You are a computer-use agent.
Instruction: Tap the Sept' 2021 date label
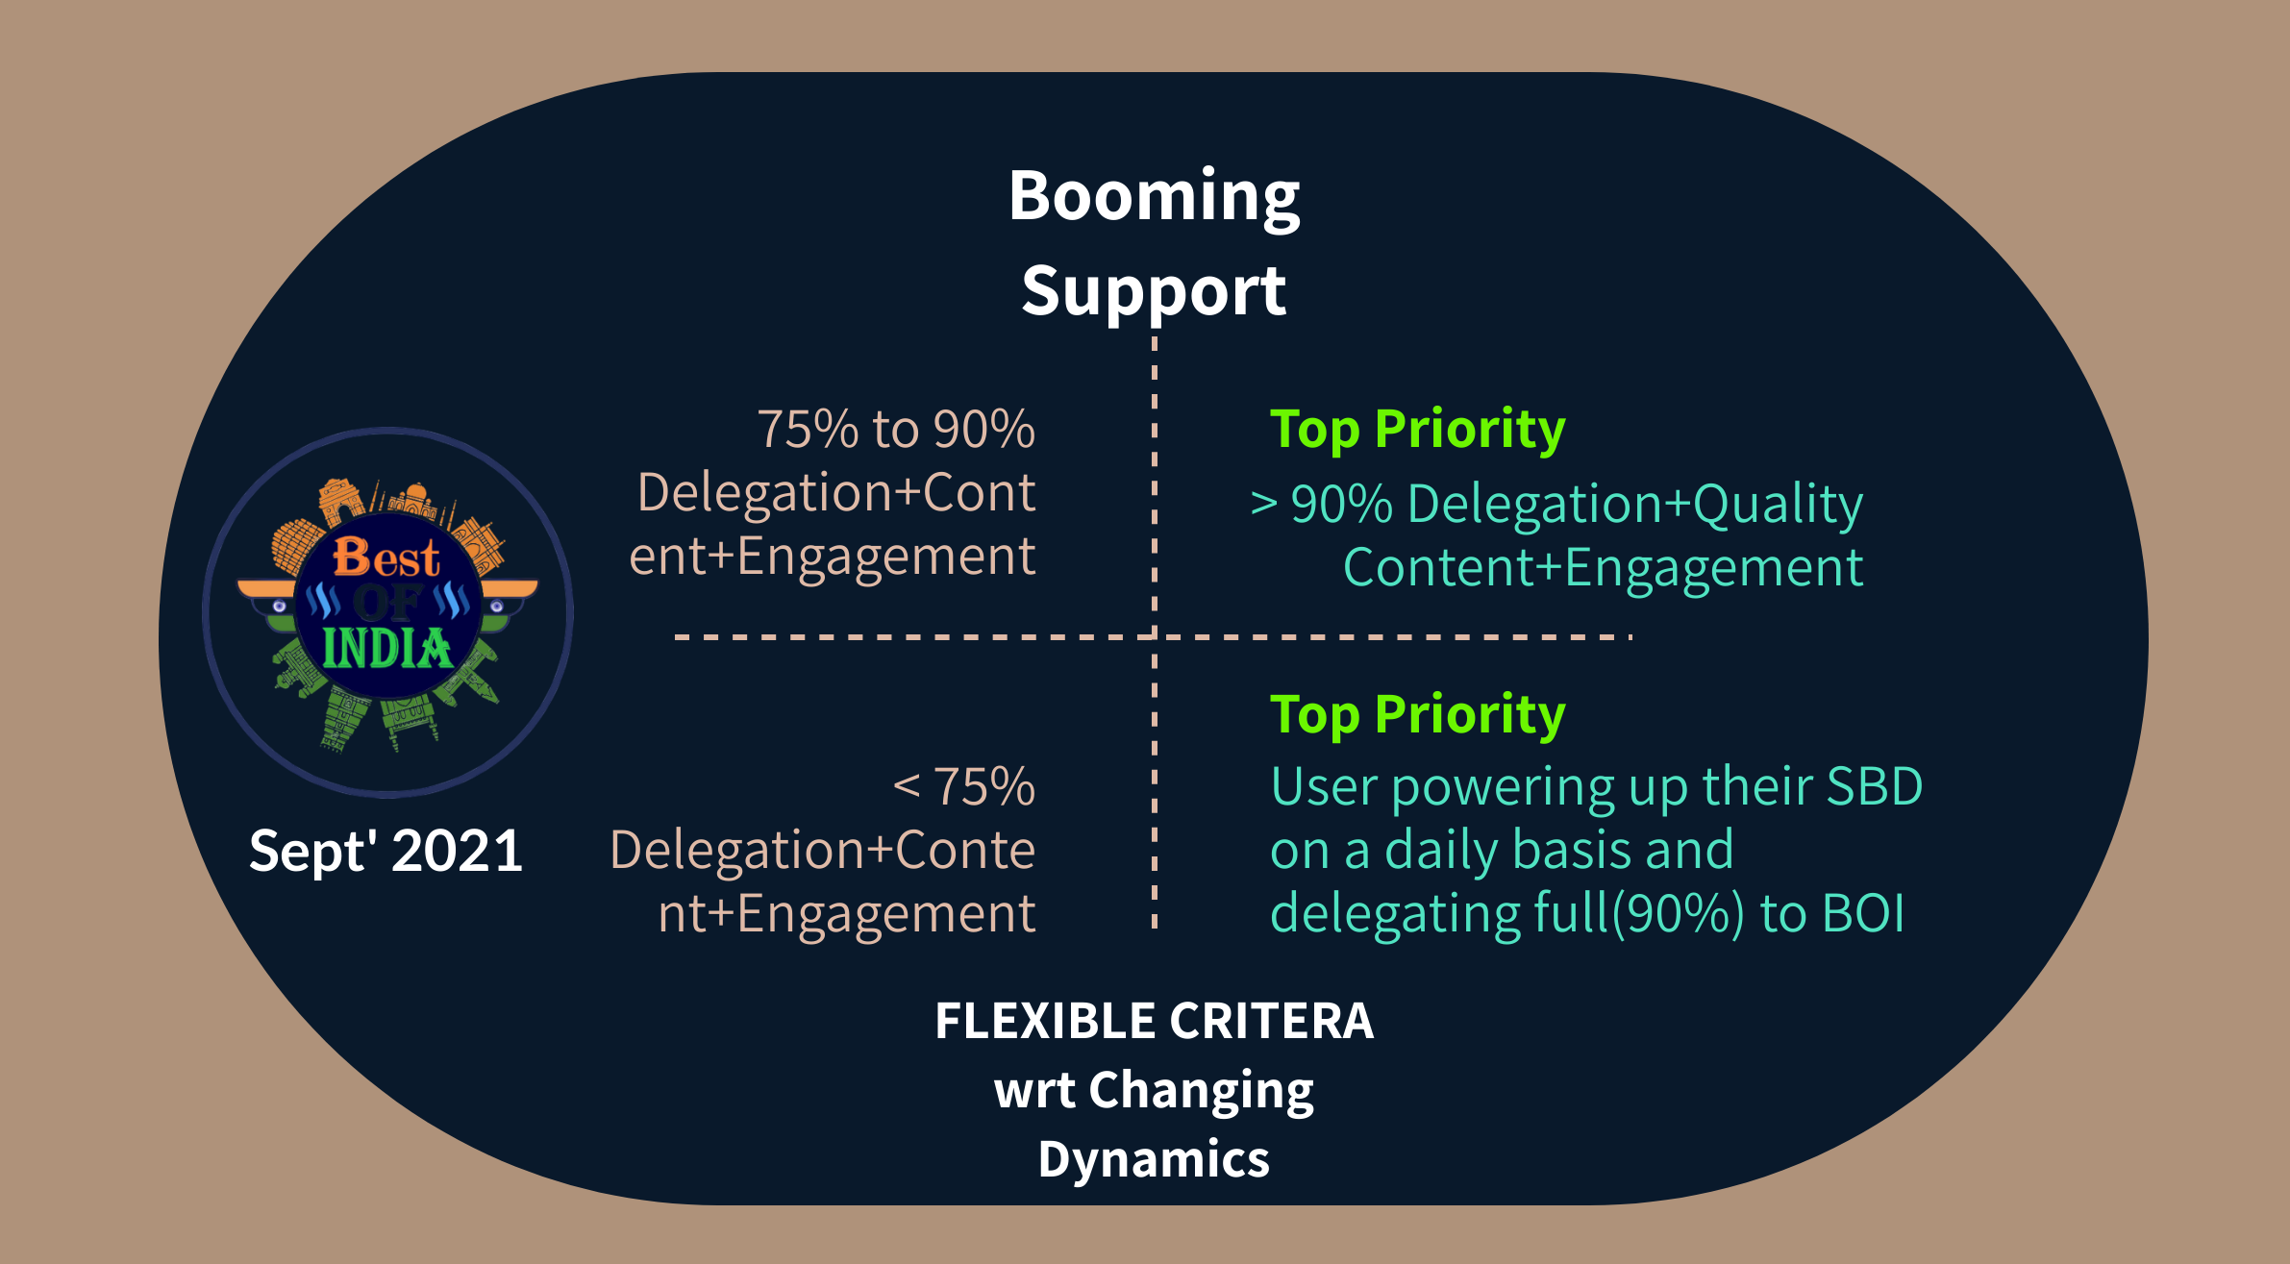click(386, 852)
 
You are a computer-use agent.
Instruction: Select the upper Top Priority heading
click(1417, 429)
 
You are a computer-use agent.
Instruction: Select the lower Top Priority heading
click(1417, 714)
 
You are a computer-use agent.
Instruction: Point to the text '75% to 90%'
click(896, 429)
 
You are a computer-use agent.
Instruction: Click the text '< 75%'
click(964, 786)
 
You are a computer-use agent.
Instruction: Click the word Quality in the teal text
click(1778, 505)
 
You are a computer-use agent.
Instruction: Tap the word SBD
click(1875, 786)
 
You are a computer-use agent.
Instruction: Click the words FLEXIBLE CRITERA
click(1154, 1021)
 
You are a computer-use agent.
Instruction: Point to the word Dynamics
click(1154, 1159)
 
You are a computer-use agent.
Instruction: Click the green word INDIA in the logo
click(386, 648)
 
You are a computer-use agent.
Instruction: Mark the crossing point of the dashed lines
click(1154, 636)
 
